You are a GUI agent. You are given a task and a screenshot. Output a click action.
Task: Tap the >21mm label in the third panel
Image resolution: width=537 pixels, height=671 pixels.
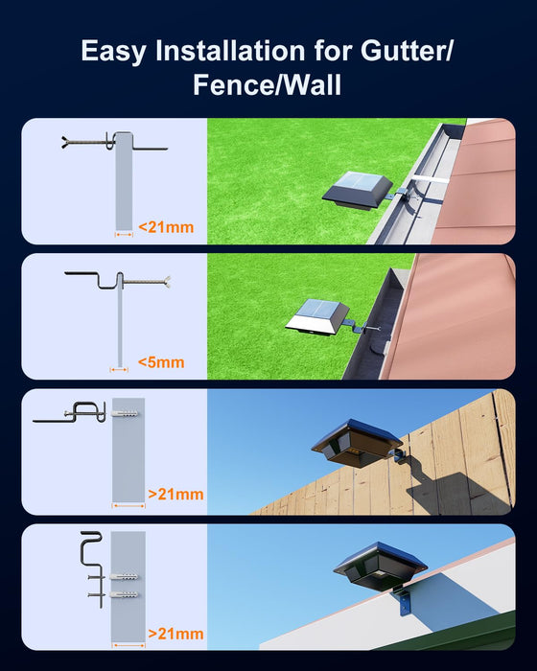[x=175, y=496]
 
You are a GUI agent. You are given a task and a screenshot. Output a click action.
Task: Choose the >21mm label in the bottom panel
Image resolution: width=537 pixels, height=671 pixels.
[x=175, y=634]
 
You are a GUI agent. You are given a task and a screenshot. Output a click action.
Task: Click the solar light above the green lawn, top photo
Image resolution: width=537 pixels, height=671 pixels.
[x=358, y=193]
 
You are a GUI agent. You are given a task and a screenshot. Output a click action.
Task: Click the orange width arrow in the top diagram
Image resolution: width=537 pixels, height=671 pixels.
[x=123, y=232]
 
